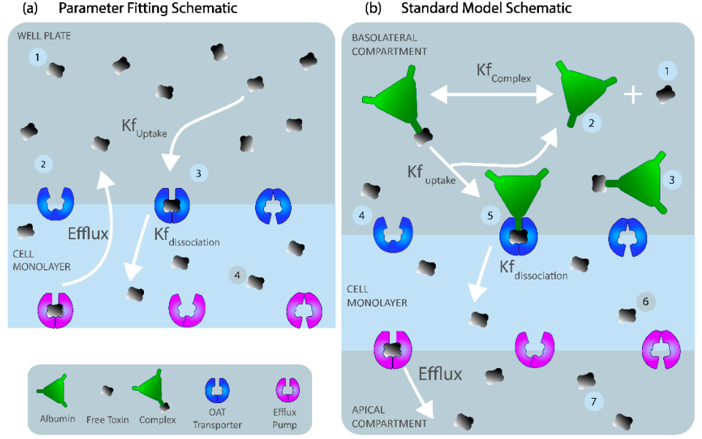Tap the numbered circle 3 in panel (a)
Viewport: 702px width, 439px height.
(198, 173)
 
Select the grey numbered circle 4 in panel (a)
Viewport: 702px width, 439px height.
(237, 274)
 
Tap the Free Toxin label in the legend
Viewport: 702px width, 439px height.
(107, 419)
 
